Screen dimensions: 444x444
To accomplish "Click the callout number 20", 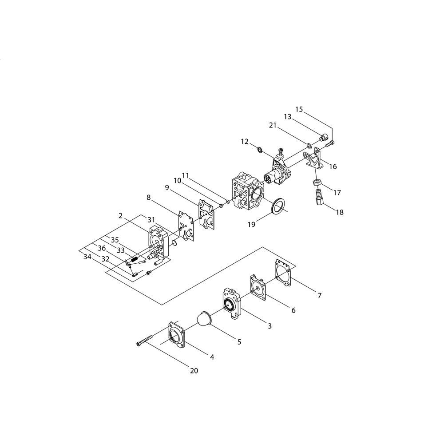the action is coord(194,371).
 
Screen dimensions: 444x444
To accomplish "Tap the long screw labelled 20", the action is coord(144,340).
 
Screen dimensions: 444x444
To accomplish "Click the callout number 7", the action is coord(319,296).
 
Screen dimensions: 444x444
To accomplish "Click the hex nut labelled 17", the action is coord(317,182).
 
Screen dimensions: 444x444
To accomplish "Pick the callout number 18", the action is coord(340,212).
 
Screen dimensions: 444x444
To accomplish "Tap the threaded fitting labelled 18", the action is coord(319,198).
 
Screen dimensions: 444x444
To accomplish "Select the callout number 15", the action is coord(299,109).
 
